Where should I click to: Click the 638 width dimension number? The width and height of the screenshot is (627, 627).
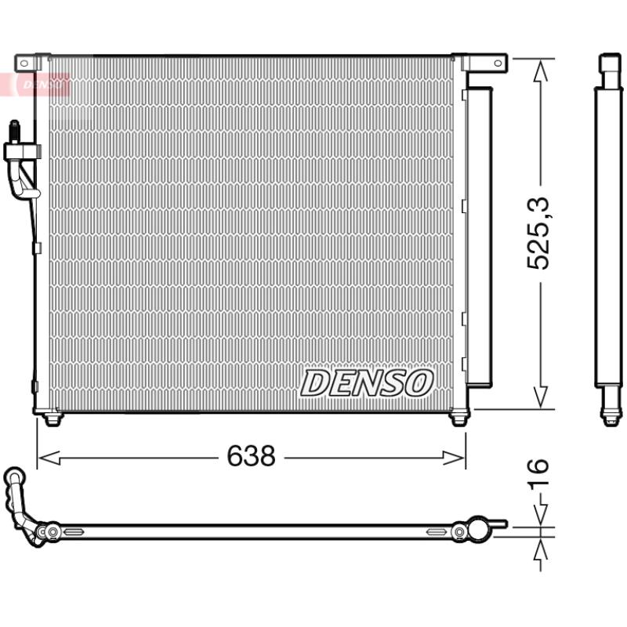point(251,455)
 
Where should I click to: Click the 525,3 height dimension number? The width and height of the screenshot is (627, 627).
point(538,233)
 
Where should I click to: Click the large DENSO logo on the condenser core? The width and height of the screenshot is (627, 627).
point(367,382)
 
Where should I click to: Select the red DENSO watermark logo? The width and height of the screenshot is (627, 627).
point(42,85)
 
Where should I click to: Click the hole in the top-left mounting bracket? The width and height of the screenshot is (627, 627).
point(24,63)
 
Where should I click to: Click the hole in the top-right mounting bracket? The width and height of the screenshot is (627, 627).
point(498,63)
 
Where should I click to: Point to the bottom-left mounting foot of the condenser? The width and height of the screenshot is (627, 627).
point(53,419)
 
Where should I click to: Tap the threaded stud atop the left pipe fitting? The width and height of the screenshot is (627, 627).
point(14,131)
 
